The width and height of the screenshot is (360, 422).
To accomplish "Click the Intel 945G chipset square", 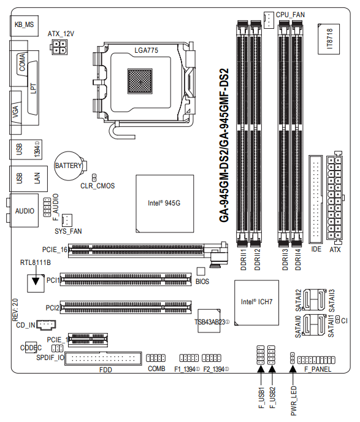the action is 164,204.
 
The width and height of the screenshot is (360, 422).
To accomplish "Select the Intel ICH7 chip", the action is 256,302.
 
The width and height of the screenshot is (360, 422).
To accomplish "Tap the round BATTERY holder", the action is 69,166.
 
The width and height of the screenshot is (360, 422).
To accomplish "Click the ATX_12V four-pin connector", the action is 59,47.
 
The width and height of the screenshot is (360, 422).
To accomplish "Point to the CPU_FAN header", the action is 269,20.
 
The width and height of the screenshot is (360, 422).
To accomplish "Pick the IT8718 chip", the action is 329,39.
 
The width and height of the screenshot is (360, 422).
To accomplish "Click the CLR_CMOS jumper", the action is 94,177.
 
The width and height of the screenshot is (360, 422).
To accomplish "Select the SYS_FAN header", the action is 67,220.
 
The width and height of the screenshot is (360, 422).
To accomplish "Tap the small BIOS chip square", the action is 201,272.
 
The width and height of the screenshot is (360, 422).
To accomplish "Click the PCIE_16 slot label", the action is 55,250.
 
